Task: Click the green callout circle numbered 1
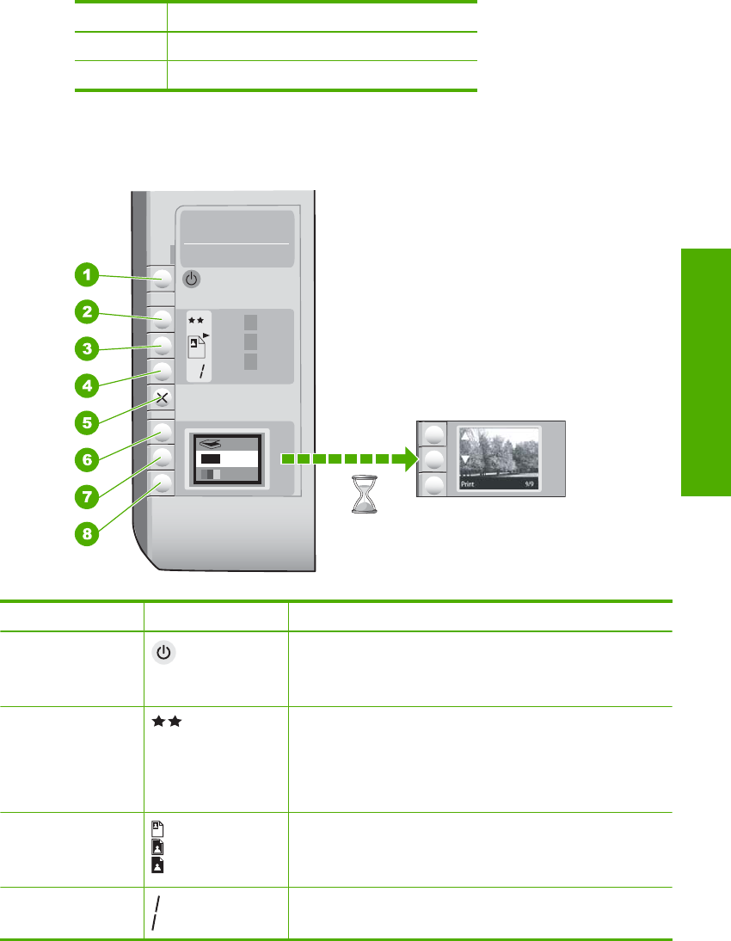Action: point(85,275)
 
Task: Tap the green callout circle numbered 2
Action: point(85,311)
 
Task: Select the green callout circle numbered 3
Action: point(85,349)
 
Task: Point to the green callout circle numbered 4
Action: point(85,386)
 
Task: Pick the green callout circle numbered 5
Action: point(85,422)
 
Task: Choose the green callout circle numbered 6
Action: point(85,459)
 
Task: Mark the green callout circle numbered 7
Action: point(85,496)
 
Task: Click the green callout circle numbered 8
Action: point(85,533)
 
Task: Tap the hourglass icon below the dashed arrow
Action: point(367,496)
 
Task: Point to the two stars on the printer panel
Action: point(198,320)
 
